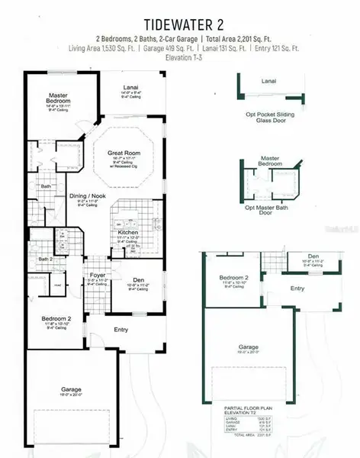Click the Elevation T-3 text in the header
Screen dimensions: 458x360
coord(181,57)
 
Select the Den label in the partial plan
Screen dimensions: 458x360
coord(313,256)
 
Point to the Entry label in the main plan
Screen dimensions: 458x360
coord(121,329)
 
